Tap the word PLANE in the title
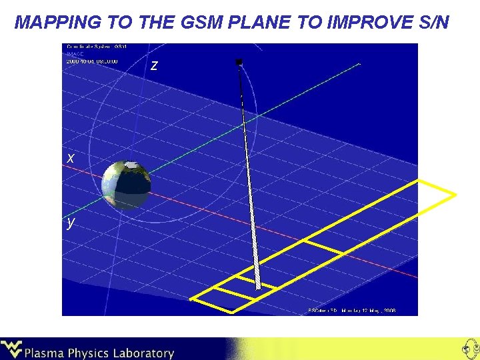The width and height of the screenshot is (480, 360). pos(251,23)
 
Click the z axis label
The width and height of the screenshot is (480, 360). pos(155,65)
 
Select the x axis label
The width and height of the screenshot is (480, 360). pos(71,158)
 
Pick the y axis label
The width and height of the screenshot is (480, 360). pos(71,222)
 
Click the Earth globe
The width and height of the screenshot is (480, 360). pos(126,185)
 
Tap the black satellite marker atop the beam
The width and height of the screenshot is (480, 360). pos(239,63)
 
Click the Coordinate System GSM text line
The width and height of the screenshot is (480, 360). pos(97,47)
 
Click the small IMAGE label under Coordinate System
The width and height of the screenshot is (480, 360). pos(75,54)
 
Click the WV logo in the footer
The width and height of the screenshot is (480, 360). pos(11,349)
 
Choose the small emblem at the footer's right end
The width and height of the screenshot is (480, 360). pos(468,349)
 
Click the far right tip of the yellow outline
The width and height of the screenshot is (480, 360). pos(456,195)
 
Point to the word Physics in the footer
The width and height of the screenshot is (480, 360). pos(90,353)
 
